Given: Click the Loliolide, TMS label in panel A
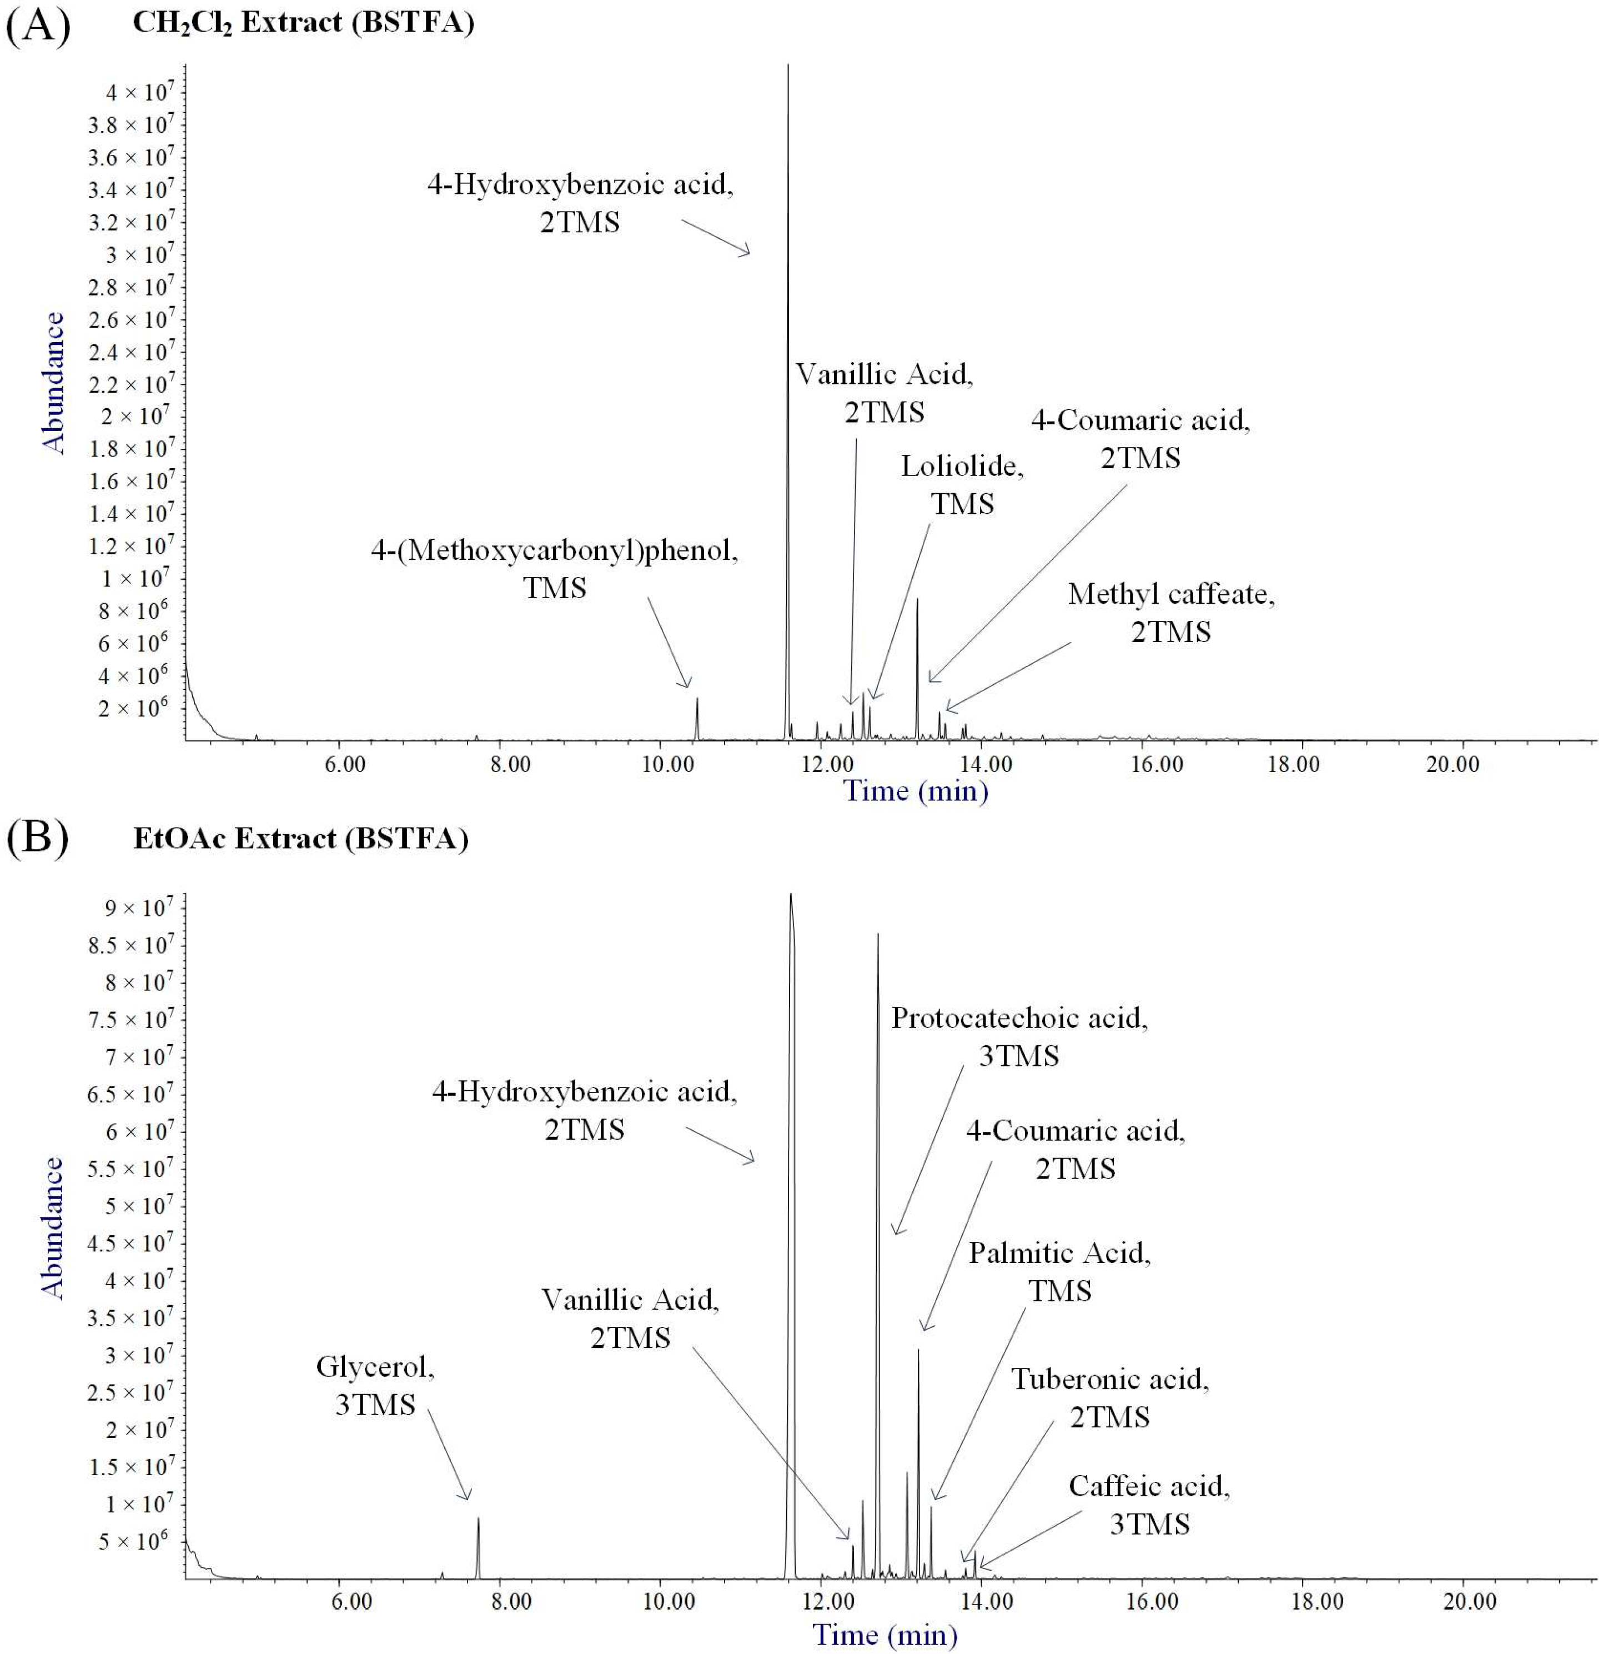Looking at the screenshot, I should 962,485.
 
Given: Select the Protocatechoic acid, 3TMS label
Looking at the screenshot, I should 1019,1036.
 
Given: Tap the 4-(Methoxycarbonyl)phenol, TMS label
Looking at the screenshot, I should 554,569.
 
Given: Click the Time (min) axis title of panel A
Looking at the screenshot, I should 916,791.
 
